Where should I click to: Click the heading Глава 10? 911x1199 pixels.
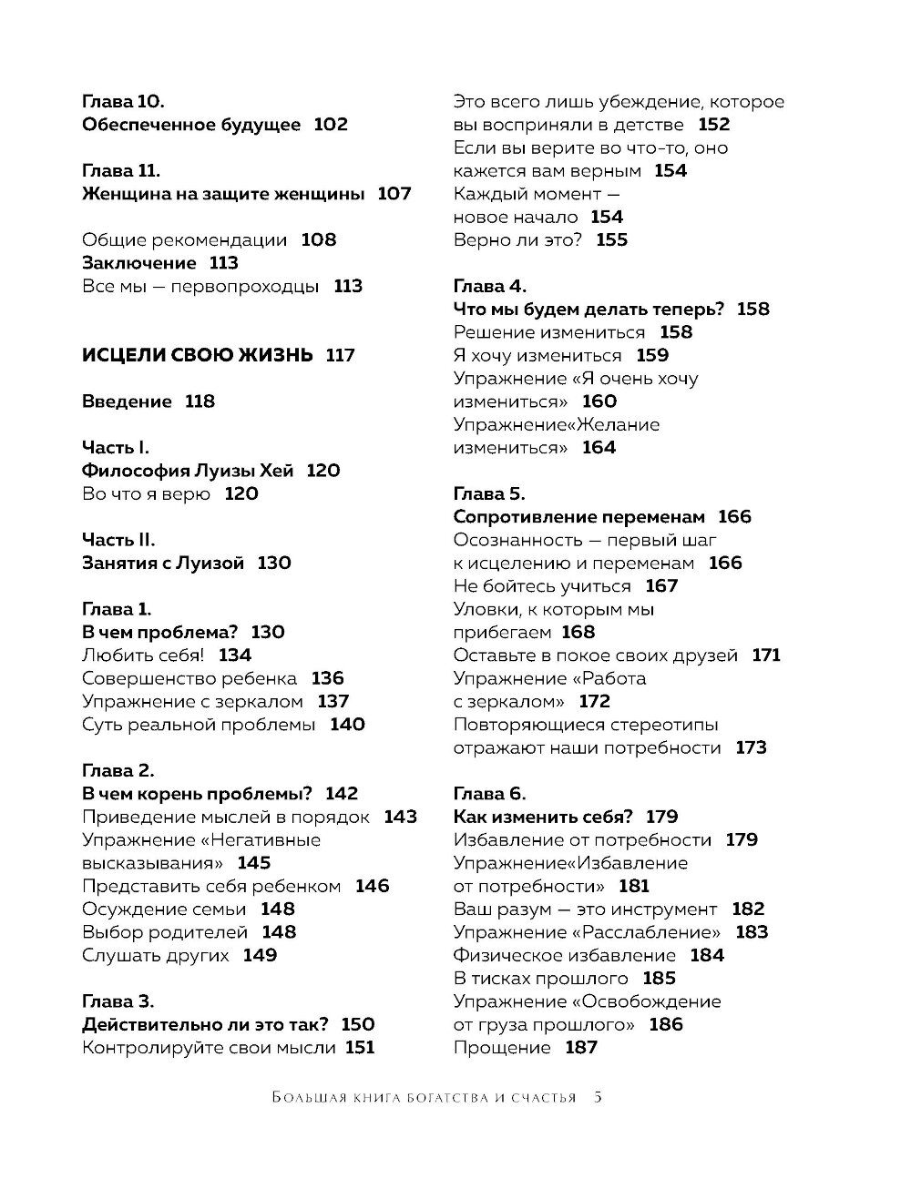(122, 102)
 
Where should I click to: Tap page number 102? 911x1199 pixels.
(331, 125)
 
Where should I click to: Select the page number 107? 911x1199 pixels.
(394, 194)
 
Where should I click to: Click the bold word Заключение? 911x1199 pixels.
(139, 263)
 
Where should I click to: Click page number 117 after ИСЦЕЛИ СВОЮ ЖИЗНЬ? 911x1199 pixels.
(340, 356)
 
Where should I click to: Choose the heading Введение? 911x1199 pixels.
(127, 401)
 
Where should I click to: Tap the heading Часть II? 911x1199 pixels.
(118, 540)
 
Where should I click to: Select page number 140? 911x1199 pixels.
(347, 725)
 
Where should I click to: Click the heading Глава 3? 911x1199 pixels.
(118, 1001)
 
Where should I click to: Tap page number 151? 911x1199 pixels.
(360, 1048)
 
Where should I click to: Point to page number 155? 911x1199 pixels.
(612, 240)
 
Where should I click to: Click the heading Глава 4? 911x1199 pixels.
(490, 287)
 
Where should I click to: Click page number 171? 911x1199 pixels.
(766, 655)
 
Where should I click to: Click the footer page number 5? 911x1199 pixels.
(598, 1097)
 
